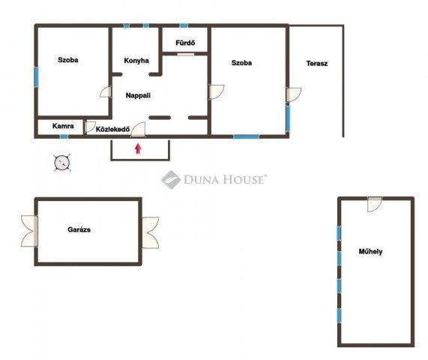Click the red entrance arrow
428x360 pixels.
pos(138,148)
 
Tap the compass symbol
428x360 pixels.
pos(62,163)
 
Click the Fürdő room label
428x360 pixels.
pos(185,43)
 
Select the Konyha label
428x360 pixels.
pos(136,60)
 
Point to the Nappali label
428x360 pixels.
pos(138,95)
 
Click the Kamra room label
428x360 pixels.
pos(63,126)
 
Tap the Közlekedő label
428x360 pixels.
pos(112,129)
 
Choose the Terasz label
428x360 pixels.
pos(316,63)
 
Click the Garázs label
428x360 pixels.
pos(79,229)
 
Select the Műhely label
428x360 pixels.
pos(370,251)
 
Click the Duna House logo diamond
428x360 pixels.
pos(171,179)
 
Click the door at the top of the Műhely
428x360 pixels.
pos(374,204)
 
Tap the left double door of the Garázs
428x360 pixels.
pos(29,231)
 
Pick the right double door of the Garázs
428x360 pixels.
pos(150,232)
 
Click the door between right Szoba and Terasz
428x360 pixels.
pos(294,94)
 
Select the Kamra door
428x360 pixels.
pos(90,127)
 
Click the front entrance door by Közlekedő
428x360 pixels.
pos(138,129)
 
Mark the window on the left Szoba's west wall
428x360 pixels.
pos(36,77)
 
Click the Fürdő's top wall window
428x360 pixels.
pos(184,25)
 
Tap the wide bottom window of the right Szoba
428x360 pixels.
pos(246,136)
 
